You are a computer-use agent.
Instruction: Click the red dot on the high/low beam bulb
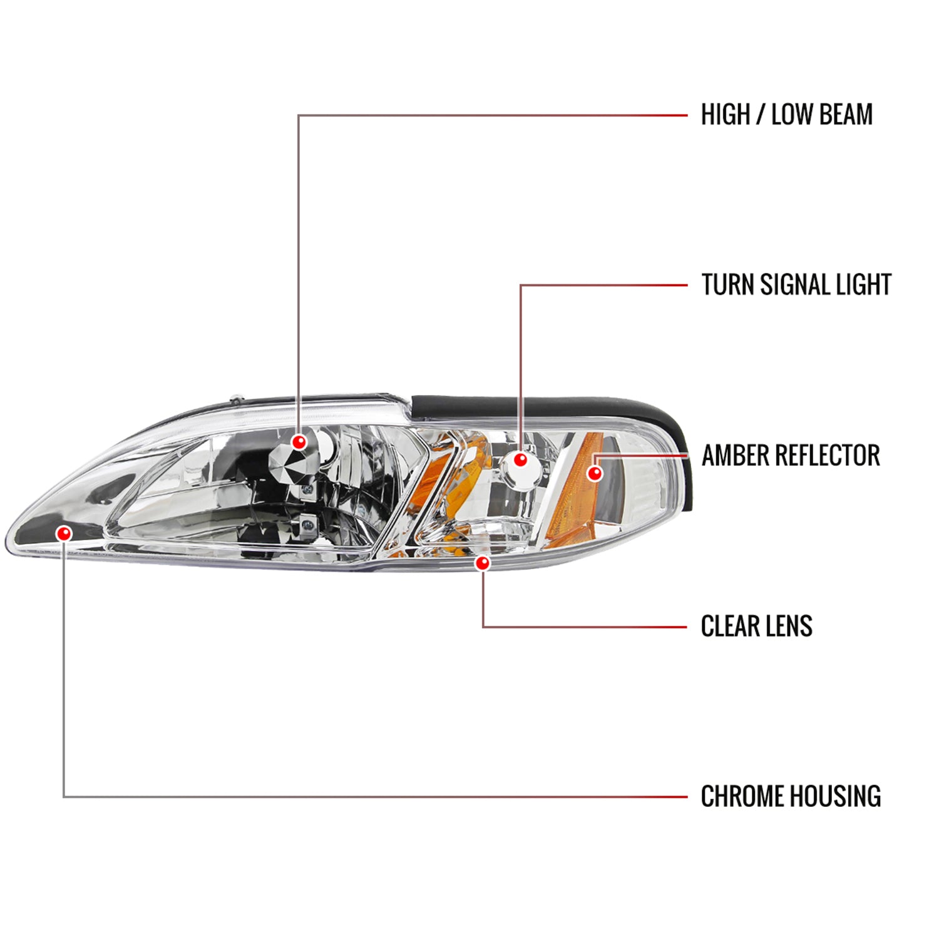pyautogui.click(x=299, y=442)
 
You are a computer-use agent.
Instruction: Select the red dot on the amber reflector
pyautogui.click(x=595, y=473)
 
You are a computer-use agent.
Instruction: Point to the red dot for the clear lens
pyautogui.click(x=482, y=563)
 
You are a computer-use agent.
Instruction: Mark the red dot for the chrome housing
pyautogui.click(x=64, y=533)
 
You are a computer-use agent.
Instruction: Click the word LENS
pyautogui.click(x=789, y=626)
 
